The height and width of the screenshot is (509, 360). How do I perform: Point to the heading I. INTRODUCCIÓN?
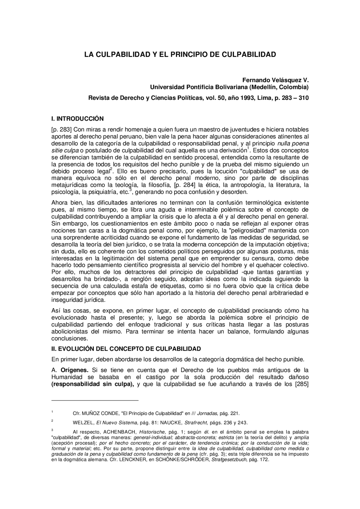pos(78,119)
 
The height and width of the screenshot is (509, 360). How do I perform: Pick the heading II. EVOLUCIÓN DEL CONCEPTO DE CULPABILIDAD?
pos(126,349)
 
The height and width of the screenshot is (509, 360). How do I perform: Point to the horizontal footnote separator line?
pos(95,400)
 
